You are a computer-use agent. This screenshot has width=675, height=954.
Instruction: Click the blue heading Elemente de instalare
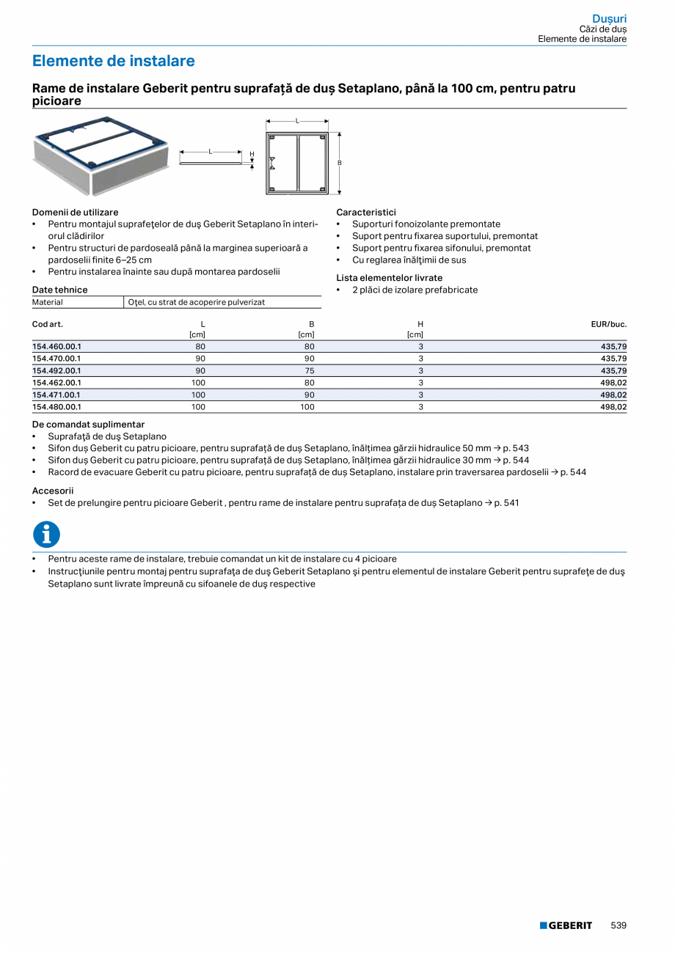[114, 61]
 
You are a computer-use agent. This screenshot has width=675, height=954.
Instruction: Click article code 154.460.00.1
[57, 346]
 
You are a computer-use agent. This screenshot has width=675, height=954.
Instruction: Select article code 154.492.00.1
[57, 370]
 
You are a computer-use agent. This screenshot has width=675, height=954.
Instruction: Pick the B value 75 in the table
[310, 370]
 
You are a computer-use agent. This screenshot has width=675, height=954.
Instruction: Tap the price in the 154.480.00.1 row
[613, 406]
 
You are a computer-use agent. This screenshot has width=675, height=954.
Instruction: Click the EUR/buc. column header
[608, 323]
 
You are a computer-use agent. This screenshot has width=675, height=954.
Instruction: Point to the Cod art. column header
[48, 323]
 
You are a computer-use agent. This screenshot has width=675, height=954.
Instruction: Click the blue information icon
[46, 535]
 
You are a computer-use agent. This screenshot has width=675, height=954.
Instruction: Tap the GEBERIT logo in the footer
[566, 925]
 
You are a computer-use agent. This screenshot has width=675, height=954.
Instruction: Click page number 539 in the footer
[619, 925]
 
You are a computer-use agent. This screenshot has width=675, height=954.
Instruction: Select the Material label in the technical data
[48, 302]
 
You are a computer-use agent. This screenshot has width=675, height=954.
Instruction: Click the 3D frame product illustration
[100, 155]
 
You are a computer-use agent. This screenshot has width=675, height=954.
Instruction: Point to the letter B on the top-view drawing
[339, 163]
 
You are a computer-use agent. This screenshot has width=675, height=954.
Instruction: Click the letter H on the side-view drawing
[252, 154]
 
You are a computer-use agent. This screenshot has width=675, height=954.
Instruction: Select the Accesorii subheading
[53, 491]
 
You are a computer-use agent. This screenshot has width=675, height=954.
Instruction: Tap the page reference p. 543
[516, 448]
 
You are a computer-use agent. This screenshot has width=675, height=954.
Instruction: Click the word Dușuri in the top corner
[609, 18]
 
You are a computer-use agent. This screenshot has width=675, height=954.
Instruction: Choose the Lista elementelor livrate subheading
[389, 278]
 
